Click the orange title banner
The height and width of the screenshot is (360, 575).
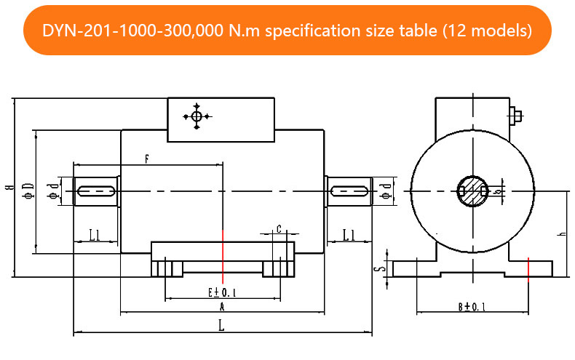pos(287,31)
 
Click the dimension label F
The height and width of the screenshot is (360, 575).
pos(147,158)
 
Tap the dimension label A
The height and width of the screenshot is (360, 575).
pos(221,308)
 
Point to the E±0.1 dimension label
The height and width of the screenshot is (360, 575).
pos(222,292)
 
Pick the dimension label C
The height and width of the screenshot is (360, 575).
pos(279,229)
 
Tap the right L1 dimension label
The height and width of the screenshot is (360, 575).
pos(348,234)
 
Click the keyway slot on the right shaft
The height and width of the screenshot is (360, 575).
pos(349,191)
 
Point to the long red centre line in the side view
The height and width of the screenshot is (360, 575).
pos(223,255)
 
